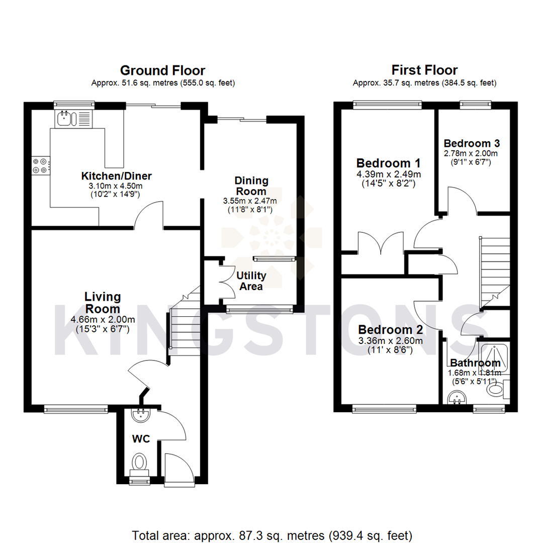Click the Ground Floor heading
click(162, 70)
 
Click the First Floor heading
click(424, 70)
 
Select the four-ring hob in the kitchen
click(41, 165)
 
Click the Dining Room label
click(251, 186)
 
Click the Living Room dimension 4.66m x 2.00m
click(103, 319)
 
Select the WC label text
click(141, 439)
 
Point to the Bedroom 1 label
click(388, 163)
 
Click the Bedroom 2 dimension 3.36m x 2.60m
click(390, 340)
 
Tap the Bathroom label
click(475, 363)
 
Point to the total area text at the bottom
click(271, 534)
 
